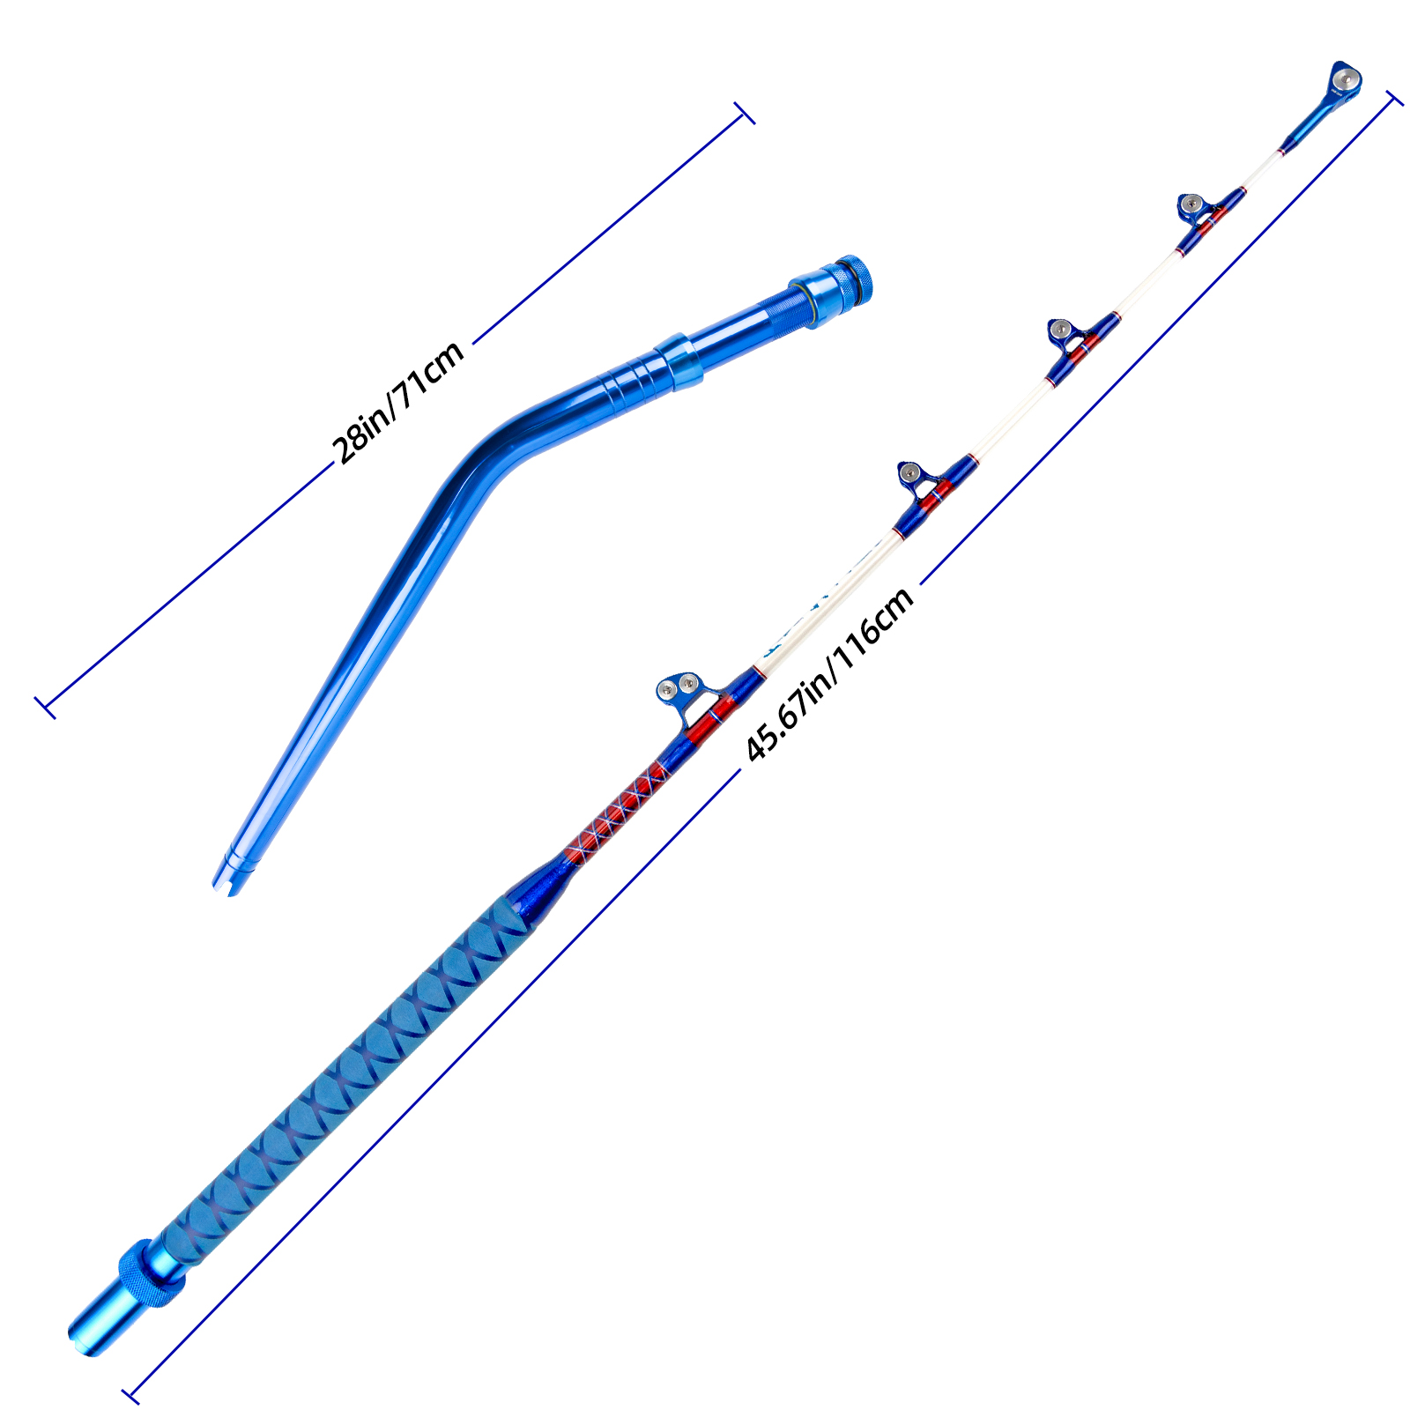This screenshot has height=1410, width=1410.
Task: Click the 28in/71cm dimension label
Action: pos(398,402)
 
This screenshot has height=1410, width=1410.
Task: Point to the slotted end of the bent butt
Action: pos(231,874)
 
